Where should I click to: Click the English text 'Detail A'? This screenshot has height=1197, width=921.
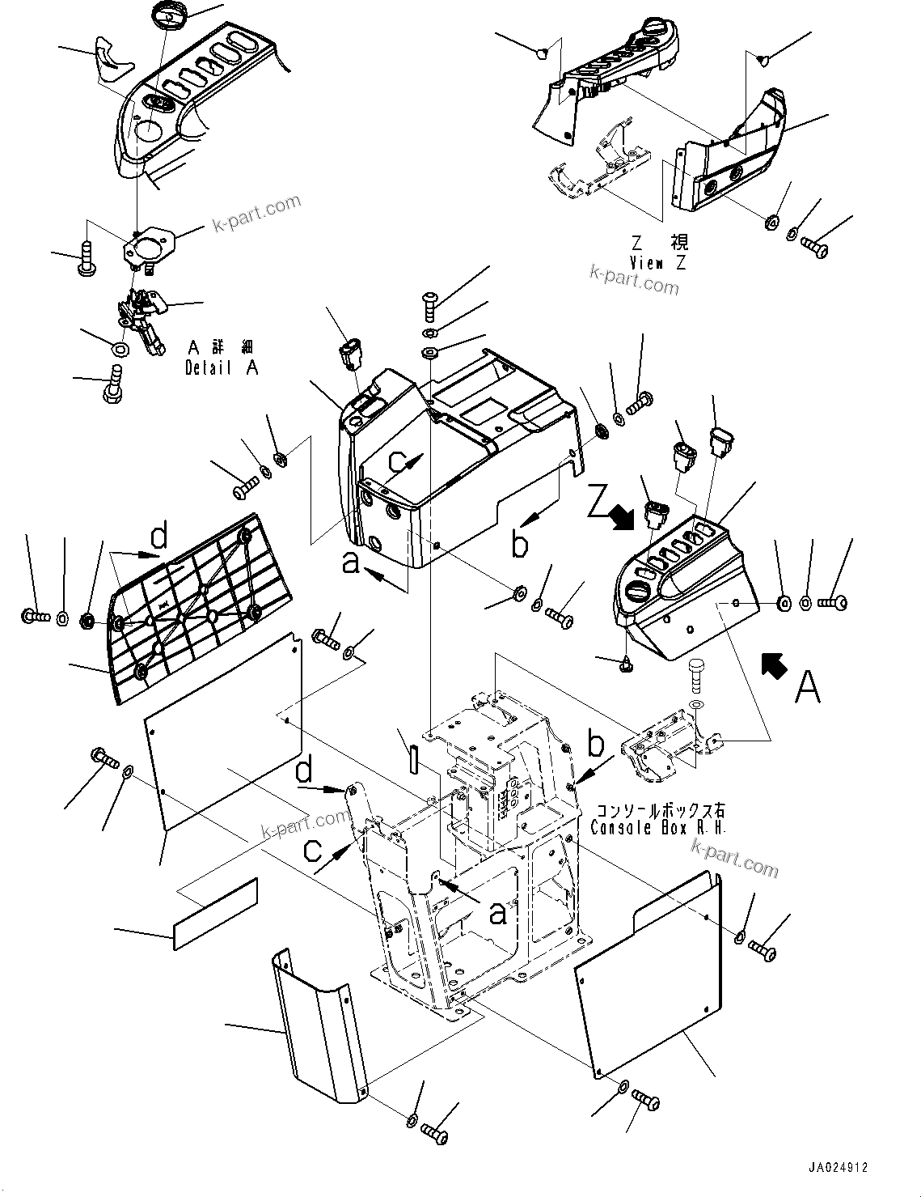(x=222, y=367)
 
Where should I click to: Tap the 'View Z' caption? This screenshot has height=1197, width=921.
(x=657, y=263)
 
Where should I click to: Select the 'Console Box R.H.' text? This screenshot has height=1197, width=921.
(x=658, y=828)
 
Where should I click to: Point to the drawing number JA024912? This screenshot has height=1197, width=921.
(x=837, y=1168)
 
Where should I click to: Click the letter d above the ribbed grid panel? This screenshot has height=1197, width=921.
(x=159, y=537)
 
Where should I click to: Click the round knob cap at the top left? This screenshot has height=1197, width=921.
(x=169, y=15)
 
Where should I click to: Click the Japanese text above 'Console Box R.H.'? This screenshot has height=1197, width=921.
(x=660, y=810)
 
